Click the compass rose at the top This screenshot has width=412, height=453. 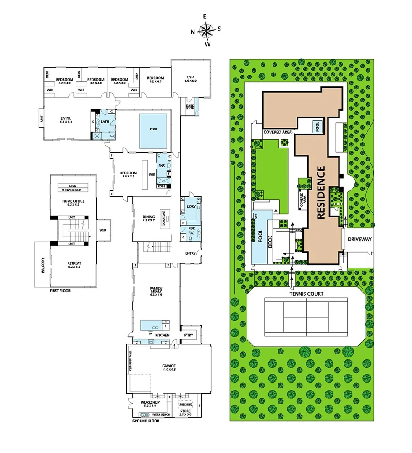[206, 30]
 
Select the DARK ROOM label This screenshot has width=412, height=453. [190, 107]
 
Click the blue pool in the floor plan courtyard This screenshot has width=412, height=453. [154, 130]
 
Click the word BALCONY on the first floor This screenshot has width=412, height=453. [43, 266]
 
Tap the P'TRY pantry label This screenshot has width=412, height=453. [188, 335]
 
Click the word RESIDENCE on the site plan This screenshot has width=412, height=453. [321, 193]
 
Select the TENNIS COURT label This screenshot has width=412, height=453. [306, 294]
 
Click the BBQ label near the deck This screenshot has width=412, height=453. [299, 230]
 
